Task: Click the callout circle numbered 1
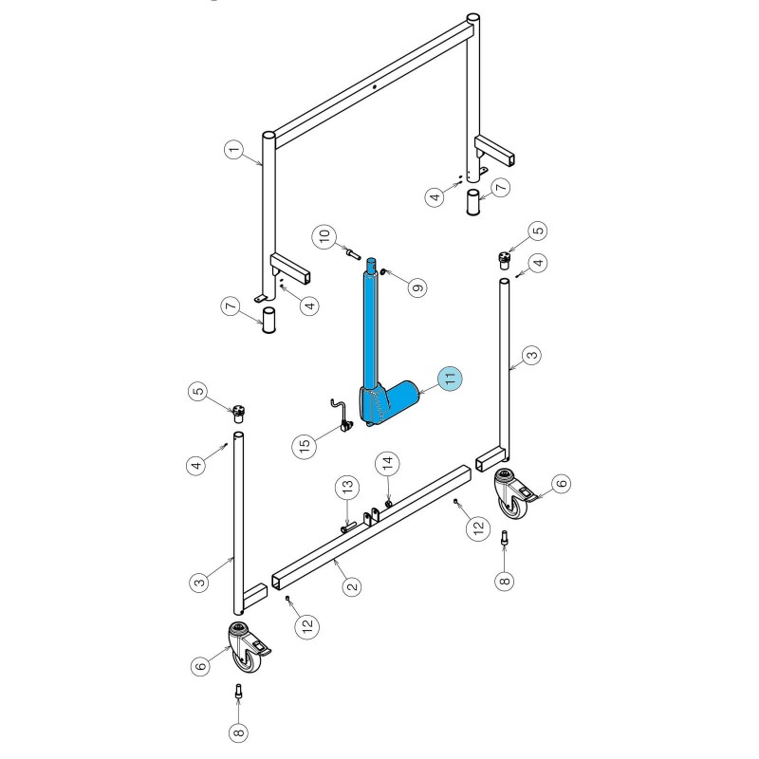tap(233, 150)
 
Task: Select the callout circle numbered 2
tap(352, 586)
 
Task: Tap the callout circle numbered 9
tap(417, 287)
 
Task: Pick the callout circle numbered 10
tap(324, 236)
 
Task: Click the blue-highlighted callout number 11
tap(450, 378)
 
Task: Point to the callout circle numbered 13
tap(347, 487)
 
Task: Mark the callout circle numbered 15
tap(305, 445)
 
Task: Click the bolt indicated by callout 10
tap(353, 253)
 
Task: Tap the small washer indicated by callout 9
tap(382, 272)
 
